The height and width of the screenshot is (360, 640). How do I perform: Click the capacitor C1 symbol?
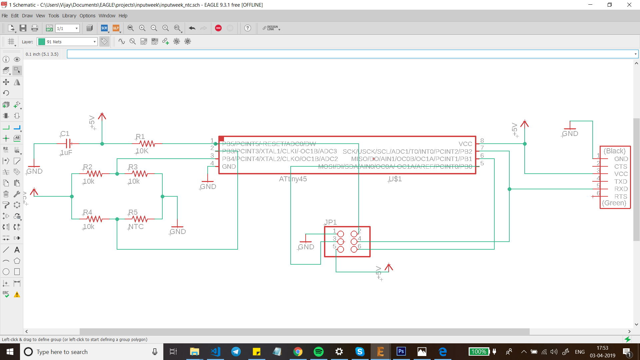point(68,144)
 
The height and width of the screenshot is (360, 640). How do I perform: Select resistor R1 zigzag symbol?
point(147,144)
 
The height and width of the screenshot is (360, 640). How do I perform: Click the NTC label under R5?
point(136,227)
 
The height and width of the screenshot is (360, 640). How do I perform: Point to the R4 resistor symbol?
point(95,219)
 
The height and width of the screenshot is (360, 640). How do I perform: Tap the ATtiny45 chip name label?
point(293,179)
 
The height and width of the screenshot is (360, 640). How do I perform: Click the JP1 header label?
point(331,222)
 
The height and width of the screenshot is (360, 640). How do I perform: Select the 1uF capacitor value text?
point(66,153)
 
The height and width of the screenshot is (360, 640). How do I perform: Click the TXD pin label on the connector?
point(621,181)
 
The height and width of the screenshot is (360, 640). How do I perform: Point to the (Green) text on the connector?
point(614,203)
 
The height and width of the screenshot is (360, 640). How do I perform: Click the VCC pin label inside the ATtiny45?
point(465,144)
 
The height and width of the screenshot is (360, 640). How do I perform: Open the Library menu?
point(69,16)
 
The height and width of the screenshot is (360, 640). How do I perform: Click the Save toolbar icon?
point(23,28)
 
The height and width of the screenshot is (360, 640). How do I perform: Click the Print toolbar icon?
point(34,28)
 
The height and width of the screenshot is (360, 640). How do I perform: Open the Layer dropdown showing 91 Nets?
point(67,42)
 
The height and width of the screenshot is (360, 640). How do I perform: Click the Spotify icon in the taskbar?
point(318,352)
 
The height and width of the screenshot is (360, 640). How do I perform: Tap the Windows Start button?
point(10,352)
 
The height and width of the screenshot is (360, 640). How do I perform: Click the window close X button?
point(629,5)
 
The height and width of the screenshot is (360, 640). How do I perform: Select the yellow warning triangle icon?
point(17,294)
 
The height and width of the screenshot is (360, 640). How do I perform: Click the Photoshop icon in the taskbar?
point(401,352)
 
